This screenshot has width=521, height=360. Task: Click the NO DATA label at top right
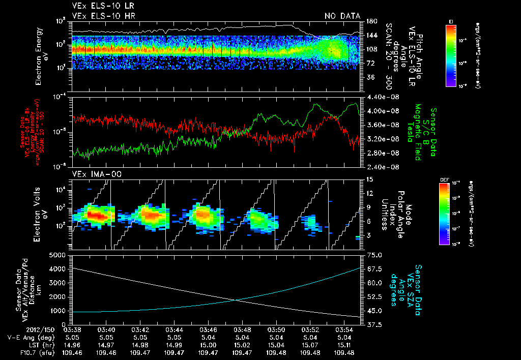(x=342, y=16)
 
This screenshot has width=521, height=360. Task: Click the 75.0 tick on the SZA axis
(x=375, y=255)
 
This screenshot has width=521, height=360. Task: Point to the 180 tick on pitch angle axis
(x=371, y=21)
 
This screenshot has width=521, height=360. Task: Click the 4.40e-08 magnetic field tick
(x=381, y=97)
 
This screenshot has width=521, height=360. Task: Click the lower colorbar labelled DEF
(x=451, y=214)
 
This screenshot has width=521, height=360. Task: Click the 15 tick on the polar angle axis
(x=369, y=179)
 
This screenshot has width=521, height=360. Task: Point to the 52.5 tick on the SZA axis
(x=375, y=296)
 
